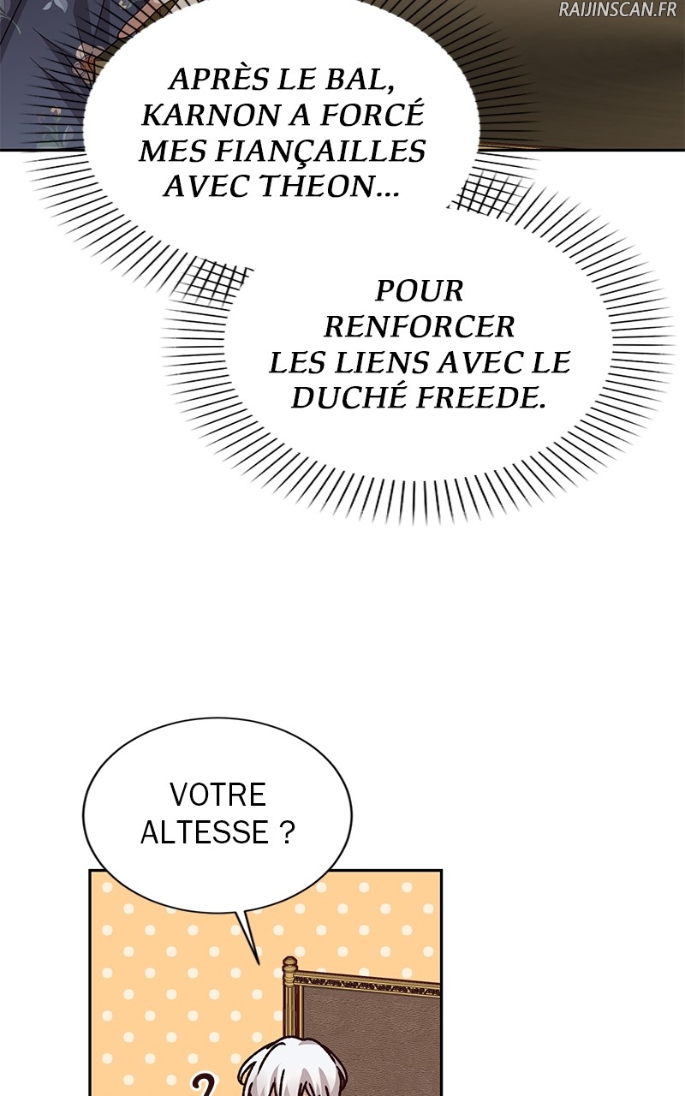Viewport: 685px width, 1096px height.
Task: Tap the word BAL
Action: coord(360,80)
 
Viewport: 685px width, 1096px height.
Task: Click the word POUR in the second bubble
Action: coord(420,291)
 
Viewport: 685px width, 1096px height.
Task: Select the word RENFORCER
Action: coord(420,326)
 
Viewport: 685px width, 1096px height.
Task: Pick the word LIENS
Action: coord(373,362)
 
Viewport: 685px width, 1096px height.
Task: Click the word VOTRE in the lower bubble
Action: coord(217,795)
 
